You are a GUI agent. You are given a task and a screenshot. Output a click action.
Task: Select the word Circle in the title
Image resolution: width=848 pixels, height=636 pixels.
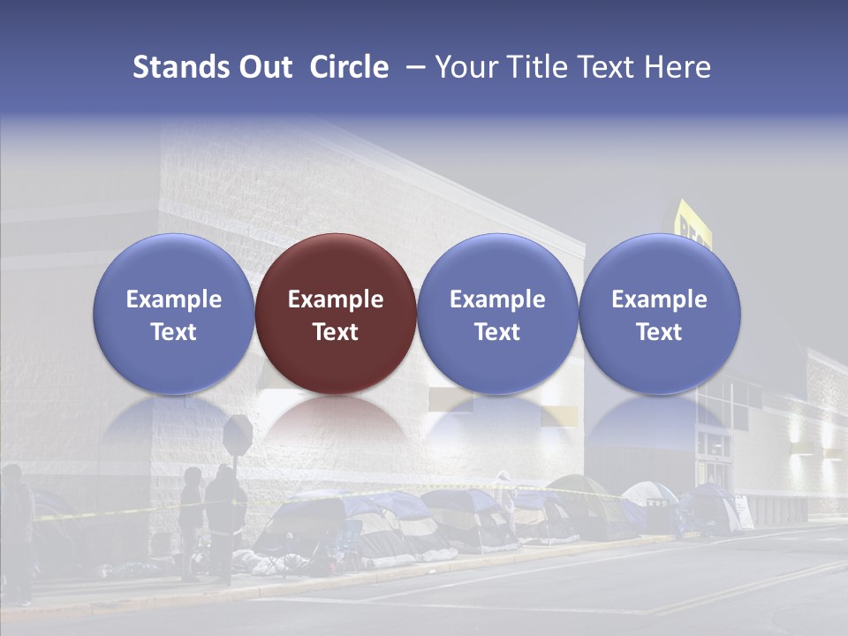coord(349,67)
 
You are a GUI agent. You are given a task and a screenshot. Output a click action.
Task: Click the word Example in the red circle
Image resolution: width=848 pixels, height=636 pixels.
coord(336,299)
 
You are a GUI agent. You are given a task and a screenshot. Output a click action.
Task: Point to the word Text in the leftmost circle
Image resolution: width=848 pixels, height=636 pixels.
coord(174,332)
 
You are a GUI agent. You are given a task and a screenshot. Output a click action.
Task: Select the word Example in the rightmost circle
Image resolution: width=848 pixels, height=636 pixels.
coord(660,299)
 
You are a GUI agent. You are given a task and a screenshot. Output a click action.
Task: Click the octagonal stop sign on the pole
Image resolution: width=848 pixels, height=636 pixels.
coord(238,433)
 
